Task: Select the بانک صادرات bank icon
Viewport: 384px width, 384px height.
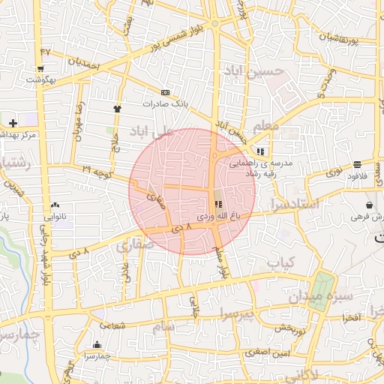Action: [166, 93]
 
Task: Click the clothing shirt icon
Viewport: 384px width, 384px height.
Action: [117, 109]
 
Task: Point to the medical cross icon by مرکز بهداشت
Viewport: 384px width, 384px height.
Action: [13, 122]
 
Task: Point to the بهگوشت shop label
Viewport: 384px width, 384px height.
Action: [40, 78]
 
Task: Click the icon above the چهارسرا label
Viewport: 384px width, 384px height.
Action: [97, 345]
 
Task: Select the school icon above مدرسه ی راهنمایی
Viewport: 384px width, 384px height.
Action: [259, 151]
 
